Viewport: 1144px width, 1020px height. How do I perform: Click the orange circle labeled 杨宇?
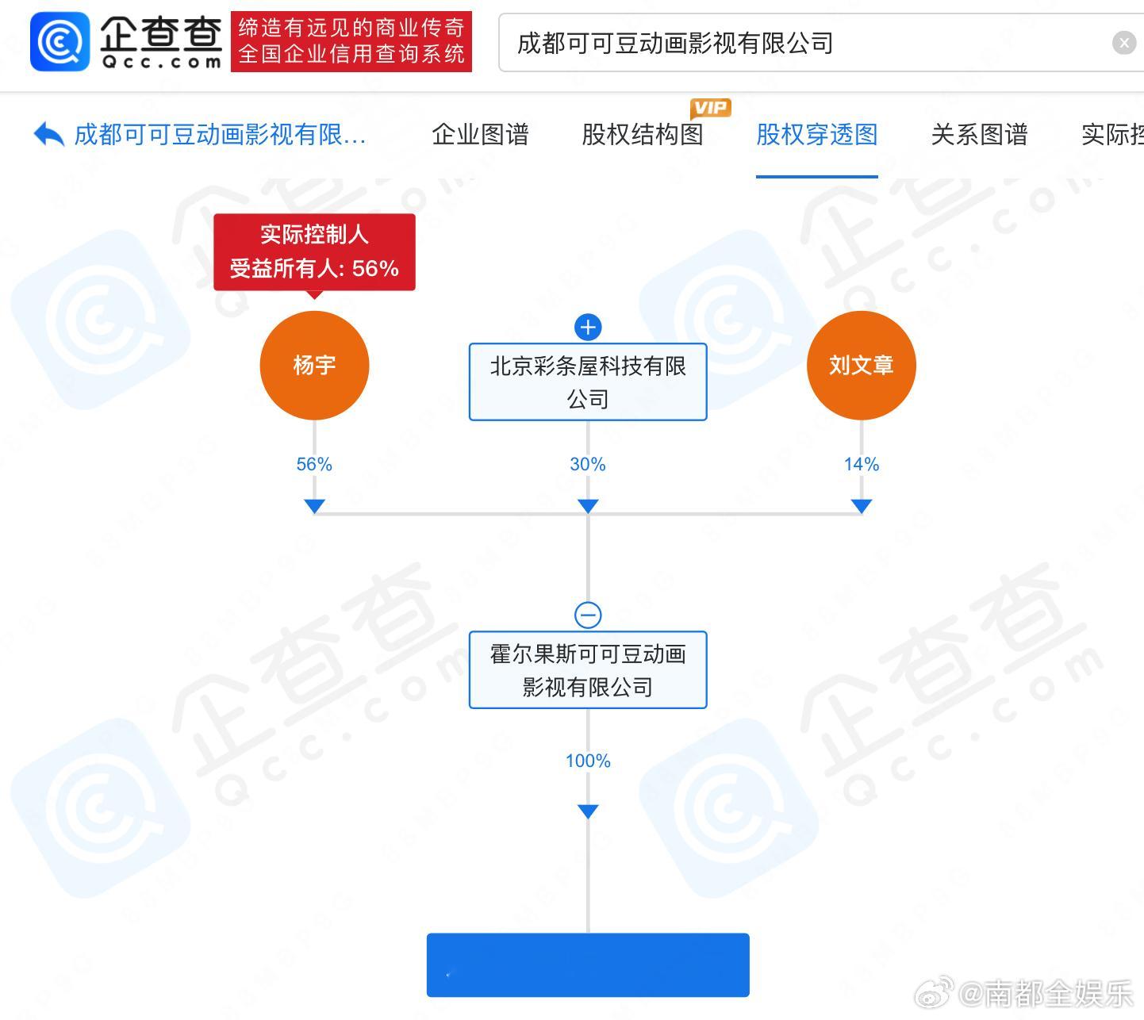(314, 365)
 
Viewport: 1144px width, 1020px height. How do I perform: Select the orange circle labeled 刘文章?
(861, 365)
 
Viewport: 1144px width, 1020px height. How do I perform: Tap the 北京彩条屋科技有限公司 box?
(587, 382)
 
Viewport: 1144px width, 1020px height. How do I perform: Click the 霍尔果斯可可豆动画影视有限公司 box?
(587, 669)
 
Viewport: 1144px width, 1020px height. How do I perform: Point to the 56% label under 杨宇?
(314, 464)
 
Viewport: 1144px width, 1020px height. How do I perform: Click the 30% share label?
(587, 464)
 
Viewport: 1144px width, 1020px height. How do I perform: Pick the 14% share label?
(861, 464)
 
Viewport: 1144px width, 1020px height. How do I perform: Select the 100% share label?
(587, 761)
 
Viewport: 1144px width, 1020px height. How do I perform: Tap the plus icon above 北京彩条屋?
(588, 327)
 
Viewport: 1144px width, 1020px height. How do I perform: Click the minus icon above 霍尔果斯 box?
(588, 615)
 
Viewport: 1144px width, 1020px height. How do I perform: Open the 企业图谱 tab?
(480, 135)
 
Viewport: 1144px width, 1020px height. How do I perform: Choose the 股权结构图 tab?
(642, 135)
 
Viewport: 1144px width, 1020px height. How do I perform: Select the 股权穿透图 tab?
(816, 135)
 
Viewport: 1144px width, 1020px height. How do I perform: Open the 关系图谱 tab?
(979, 135)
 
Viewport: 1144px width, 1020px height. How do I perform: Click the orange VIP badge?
(710, 108)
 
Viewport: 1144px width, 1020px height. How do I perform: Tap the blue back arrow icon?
(49, 135)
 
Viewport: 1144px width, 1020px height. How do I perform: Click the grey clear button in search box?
(1123, 43)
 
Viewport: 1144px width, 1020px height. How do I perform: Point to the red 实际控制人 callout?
(314, 251)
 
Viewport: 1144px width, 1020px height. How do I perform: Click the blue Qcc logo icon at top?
(60, 41)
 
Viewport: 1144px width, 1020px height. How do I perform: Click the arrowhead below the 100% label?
(588, 811)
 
